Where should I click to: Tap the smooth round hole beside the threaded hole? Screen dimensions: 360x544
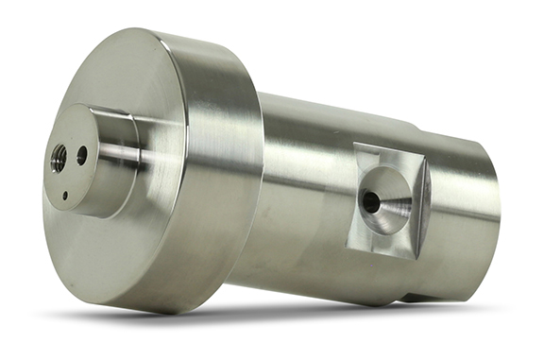(x=82, y=154)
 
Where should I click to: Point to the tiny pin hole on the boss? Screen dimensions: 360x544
(x=64, y=197)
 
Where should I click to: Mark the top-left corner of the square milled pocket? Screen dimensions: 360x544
(x=355, y=145)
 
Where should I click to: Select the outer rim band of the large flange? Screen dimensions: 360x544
(x=227, y=180)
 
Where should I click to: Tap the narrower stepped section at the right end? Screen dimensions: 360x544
(x=467, y=208)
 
